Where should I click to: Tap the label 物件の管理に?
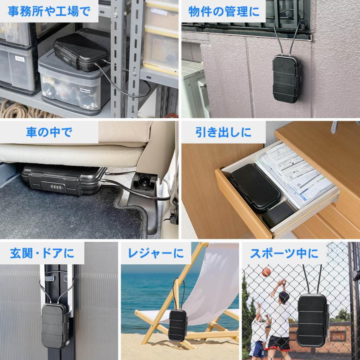click(x=224, y=11)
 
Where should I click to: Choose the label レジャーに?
click(x=156, y=253)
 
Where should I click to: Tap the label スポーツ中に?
click(x=284, y=253)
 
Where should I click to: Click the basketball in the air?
click(x=266, y=272)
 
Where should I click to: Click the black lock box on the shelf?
click(x=80, y=52)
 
